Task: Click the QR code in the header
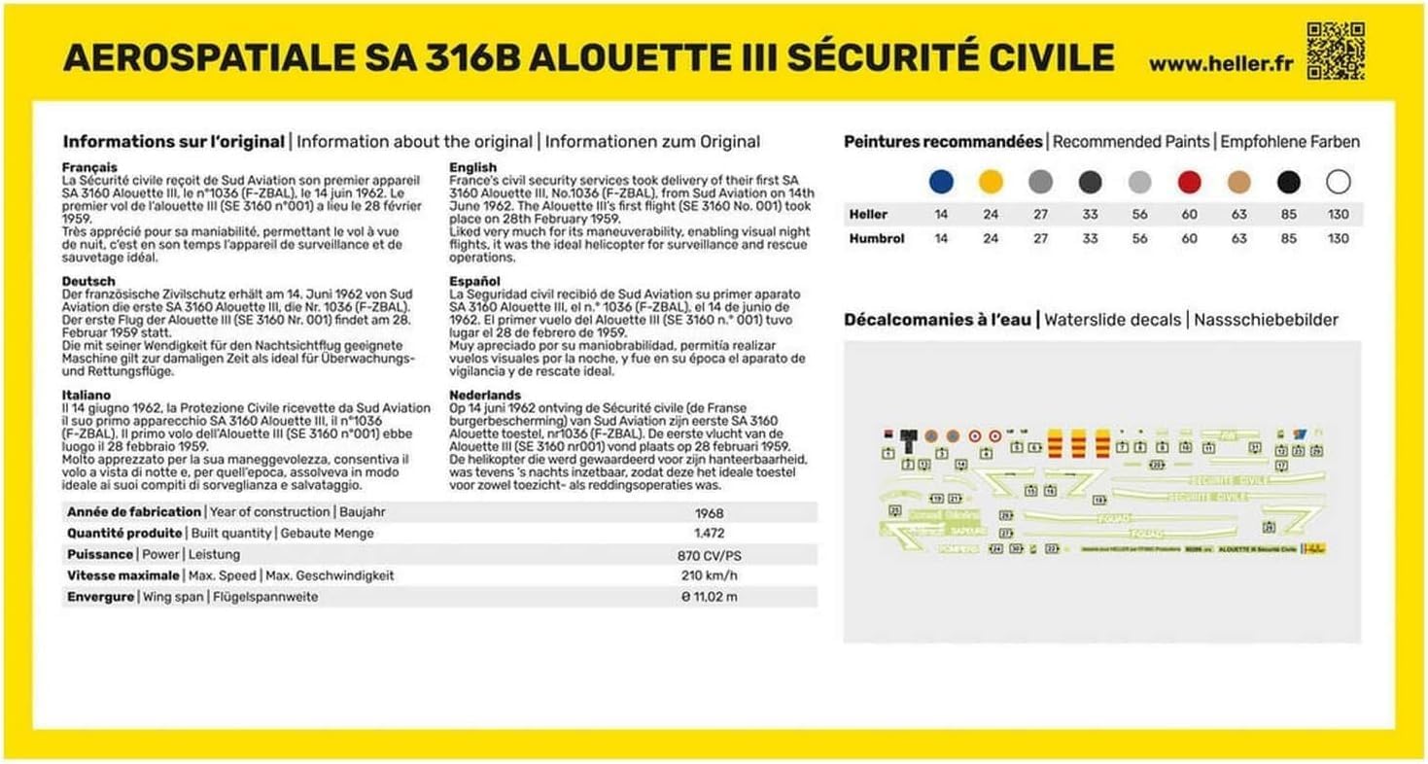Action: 1335,50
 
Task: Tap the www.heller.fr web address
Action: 1221,64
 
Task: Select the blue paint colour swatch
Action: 940,182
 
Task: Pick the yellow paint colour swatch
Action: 991,182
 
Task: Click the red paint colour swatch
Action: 1189,182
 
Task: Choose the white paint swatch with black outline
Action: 1338,182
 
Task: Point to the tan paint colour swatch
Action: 1238,182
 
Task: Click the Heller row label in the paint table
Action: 867,214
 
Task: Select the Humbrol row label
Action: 876,238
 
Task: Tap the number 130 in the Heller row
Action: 1338,214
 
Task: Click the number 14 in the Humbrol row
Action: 940,238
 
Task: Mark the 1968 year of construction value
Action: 710,512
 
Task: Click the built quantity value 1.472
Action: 710,534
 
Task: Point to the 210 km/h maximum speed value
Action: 710,575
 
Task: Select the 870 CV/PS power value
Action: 710,555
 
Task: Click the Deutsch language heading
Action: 87,281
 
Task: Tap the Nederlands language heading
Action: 485,396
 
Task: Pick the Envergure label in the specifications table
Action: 100,597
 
